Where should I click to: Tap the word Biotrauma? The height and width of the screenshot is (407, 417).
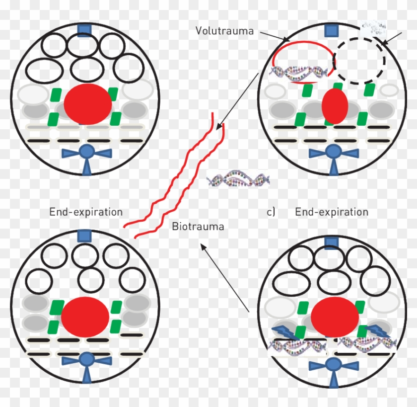pos(198,227)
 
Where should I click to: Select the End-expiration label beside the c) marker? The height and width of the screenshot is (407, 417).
pos(332,212)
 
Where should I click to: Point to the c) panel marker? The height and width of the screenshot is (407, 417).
pos(271,212)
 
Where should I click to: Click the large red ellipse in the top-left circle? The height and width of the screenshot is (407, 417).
pos(88,104)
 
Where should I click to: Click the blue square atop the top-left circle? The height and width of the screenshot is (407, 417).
pos(84,30)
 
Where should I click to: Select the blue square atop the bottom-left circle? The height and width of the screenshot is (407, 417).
pos(84,236)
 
